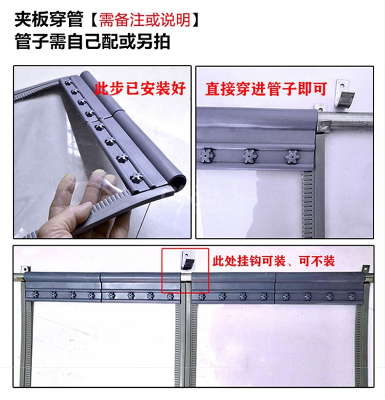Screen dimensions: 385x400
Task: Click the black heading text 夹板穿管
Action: [x=49, y=19]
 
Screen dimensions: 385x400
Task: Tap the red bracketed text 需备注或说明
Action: [x=144, y=19]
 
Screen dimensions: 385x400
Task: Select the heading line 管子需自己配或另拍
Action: [x=92, y=41]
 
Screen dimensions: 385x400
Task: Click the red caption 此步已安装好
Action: [x=140, y=89]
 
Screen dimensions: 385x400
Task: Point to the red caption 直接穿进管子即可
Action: [x=266, y=89]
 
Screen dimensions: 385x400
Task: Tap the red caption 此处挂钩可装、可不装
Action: [x=273, y=261]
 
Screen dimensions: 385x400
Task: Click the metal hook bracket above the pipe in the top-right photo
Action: [x=344, y=91]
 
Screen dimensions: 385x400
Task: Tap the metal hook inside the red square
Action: [x=188, y=260]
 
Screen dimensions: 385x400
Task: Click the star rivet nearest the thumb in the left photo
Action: [x=136, y=176]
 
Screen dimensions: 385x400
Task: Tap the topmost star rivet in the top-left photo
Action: [x=68, y=82]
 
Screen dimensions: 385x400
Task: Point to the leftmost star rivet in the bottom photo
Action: [x=35, y=295]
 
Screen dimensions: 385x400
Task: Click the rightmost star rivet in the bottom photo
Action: [x=351, y=296]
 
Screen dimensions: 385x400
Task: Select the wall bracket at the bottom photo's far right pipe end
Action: [x=365, y=269]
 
